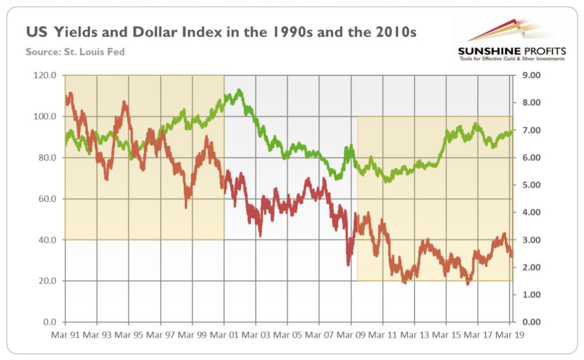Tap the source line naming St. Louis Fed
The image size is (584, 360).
tap(75, 52)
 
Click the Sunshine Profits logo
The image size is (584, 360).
tap(511, 40)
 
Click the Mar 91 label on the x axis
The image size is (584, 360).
tap(66, 334)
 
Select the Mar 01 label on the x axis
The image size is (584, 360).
tap(224, 334)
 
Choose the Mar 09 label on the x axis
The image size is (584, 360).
tap(351, 334)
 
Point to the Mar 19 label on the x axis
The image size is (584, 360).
tap(510, 334)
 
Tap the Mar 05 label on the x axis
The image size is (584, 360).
tap(288, 334)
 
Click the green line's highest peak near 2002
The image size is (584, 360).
tap(239, 91)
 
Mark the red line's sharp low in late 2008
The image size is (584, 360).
tap(348, 264)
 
